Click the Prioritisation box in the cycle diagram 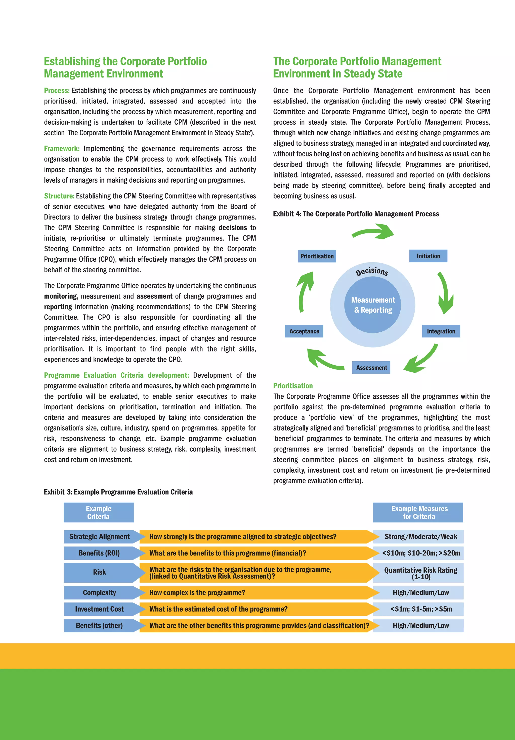(317, 256)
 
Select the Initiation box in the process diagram (428, 256)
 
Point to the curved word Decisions (372, 271)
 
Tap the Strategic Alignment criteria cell (99, 537)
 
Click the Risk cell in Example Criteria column (99, 572)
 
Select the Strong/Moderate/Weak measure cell (420, 537)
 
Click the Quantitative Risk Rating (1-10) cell (420, 573)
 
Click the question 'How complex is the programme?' (197, 593)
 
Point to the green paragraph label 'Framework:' (62, 149)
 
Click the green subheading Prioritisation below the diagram (293, 386)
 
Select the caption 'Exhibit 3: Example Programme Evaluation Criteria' (118, 492)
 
